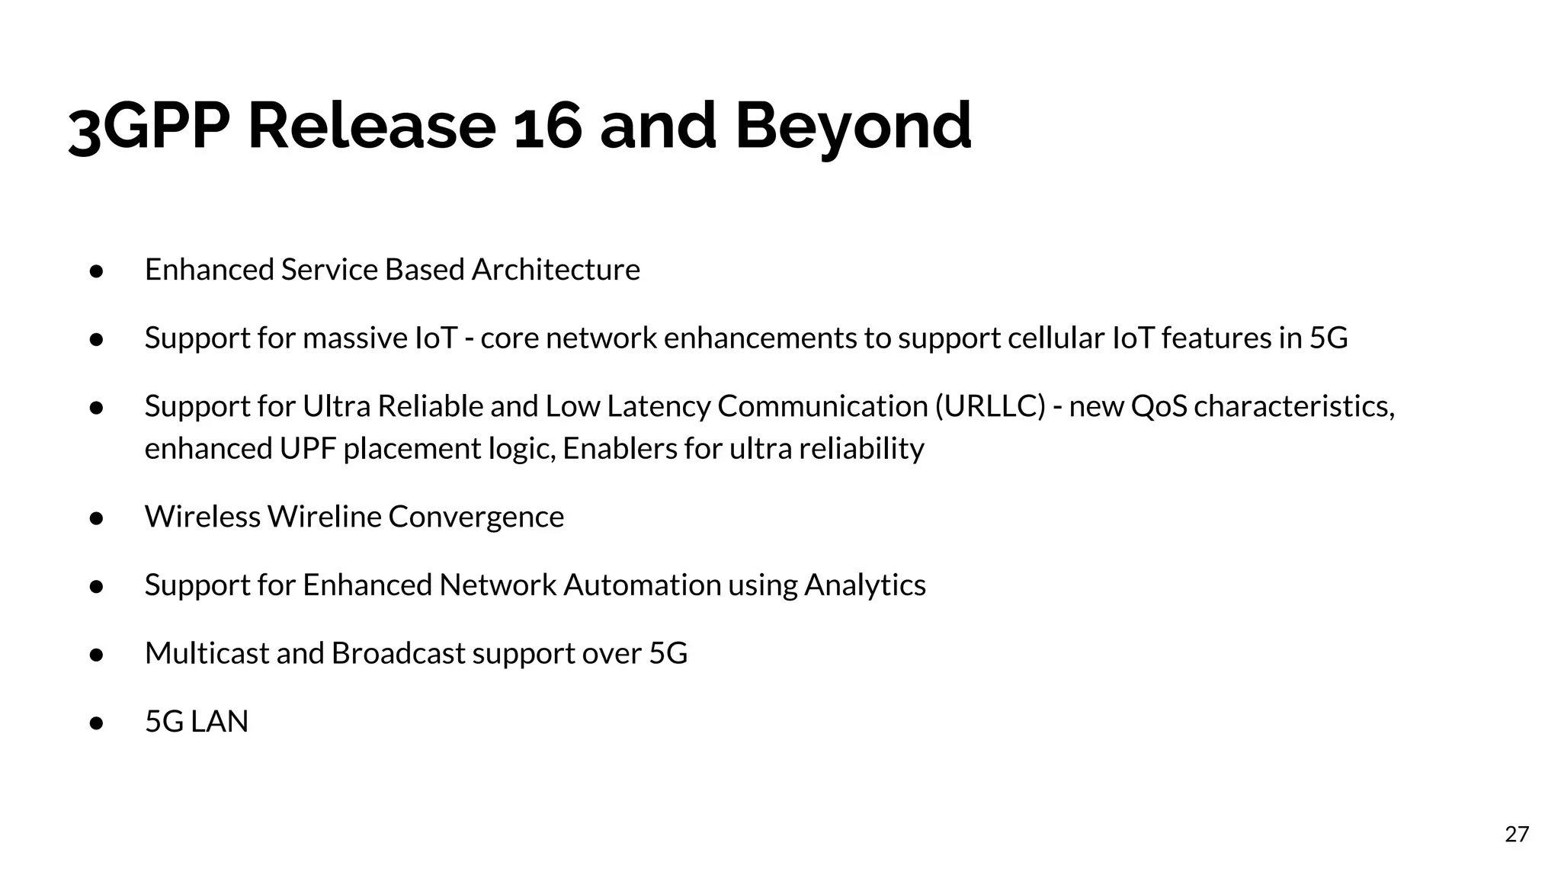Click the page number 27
tap(1517, 834)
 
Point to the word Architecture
tap(556, 270)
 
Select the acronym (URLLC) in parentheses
tap(990, 406)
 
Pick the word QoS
tap(1159, 406)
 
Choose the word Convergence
tap(476, 517)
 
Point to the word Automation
tap(642, 585)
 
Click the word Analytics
tap(865, 585)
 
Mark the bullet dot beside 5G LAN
tap(96, 723)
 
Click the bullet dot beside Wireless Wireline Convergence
tap(96, 518)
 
